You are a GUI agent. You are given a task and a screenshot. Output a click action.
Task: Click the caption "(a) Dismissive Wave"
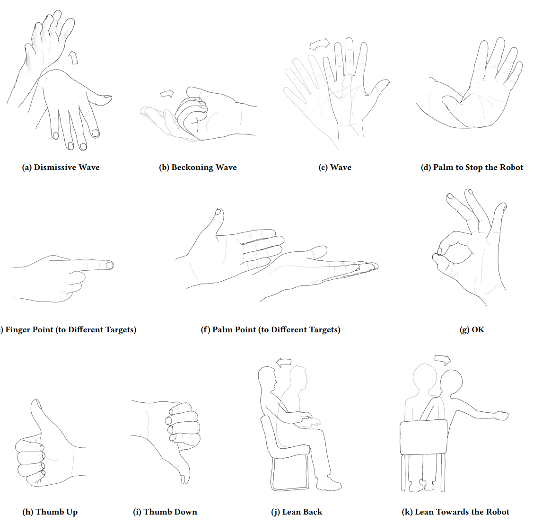(61, 168)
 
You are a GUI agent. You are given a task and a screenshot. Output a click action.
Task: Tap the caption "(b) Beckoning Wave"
(198, 168)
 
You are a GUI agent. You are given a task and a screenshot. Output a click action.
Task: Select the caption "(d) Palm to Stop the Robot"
(472, 168)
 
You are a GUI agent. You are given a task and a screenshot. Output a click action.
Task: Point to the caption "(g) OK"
(472, 329)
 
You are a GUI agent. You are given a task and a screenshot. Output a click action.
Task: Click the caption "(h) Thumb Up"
(50, 512)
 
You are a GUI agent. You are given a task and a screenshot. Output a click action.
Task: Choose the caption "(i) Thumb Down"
(165, 512)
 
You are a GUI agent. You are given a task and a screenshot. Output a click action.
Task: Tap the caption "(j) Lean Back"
(297, 512)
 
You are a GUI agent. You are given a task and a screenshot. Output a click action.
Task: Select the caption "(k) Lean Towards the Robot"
(455, 512)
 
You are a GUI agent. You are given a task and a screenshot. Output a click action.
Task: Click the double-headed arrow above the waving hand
(319, 44)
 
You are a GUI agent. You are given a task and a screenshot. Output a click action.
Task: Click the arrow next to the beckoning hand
(167, 93)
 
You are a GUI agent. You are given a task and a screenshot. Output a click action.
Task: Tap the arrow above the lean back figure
(284, 362)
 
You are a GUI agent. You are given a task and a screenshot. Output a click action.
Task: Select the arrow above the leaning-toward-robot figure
(443, 359)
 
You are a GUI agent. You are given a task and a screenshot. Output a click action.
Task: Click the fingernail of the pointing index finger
(110, 265)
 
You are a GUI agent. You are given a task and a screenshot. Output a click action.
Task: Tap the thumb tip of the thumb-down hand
(184, 480)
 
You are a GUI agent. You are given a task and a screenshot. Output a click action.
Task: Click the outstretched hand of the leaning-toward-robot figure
(501, 415)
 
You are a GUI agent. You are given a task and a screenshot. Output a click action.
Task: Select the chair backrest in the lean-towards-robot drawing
(423, 437)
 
